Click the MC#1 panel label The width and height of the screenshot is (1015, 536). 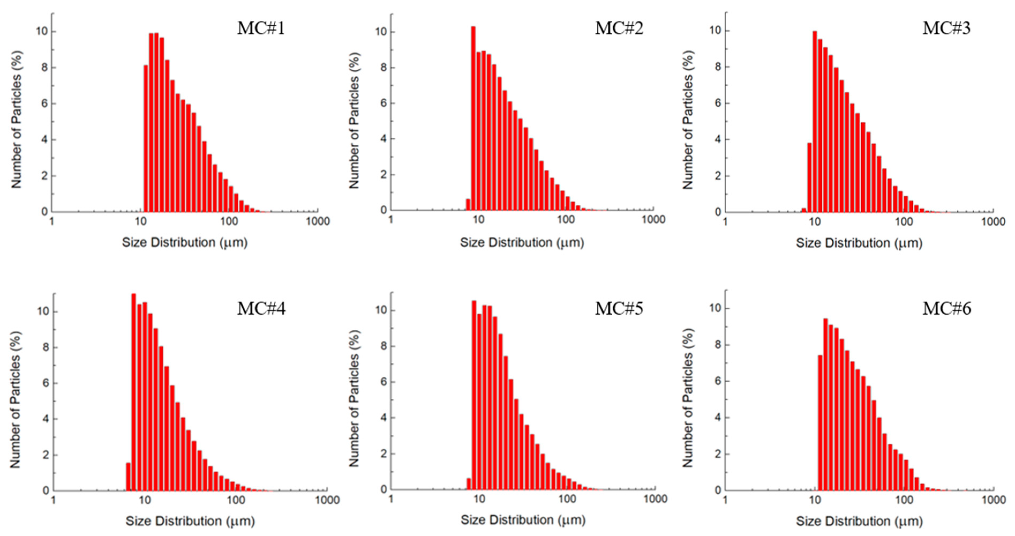click(x=261, y=28)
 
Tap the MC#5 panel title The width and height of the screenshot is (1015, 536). click(x=619, y=308)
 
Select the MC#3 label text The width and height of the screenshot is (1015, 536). click(x=946, y=28)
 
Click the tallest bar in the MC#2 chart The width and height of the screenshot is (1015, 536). click(x=473, y=118)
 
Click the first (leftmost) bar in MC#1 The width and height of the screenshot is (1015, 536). click(x=146, y=138)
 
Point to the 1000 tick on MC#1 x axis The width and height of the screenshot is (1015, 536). click(x=318, y=221)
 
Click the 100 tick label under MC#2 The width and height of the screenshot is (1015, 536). click(x=566, y=220)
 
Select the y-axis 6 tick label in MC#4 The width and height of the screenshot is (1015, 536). click(x=46, y=383)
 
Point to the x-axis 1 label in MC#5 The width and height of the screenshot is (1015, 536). click(x=391, y=499)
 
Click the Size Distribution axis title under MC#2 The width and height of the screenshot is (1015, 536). click(x=522, y=242)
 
